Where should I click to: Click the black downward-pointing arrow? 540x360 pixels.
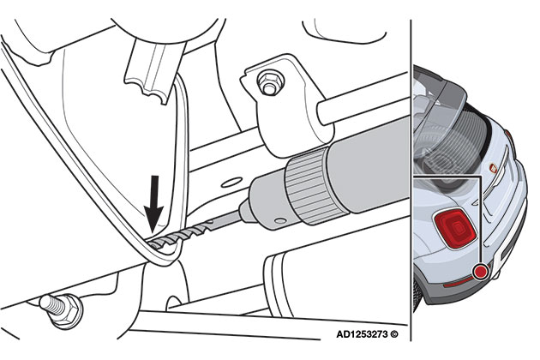[153, 203]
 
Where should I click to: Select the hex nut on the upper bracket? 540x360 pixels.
[270, 82]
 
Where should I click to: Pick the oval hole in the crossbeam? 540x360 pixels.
[231, 183]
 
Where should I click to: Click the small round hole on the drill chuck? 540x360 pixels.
[280, 220]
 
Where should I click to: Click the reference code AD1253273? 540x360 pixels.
[362, 334]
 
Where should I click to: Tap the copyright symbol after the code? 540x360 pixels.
[394, 334]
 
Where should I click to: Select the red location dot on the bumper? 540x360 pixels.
[480, 272]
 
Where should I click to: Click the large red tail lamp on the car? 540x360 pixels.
[454, 228]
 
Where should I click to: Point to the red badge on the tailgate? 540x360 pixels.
[493, 168]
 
